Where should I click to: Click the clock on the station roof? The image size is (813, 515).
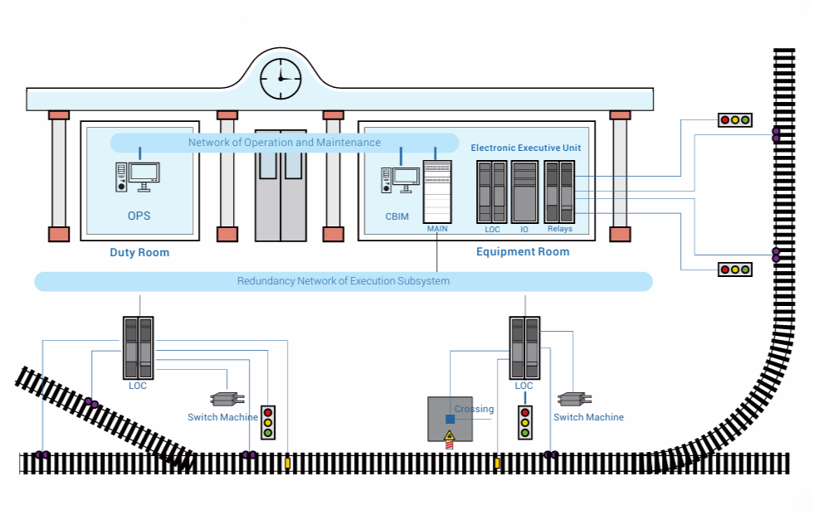click(281, 79)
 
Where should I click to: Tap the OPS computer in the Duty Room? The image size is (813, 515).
click(138, 177)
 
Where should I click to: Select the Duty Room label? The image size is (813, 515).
click(139, 253)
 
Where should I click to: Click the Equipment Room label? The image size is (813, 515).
click(523, 252)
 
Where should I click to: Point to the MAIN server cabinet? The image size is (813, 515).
click(437, 192)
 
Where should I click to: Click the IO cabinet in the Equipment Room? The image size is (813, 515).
click(524, 192)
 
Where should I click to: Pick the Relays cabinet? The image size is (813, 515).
click(560, 192)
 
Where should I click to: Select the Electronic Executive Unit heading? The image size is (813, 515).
click(526, 148)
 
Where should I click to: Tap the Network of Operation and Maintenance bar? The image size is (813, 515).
click(285, 143)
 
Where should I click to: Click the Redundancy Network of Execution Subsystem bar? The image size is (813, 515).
click(343, 281)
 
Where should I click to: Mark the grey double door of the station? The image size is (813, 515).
click(280, 185)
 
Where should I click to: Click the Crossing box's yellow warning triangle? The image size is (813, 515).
click(450, 435)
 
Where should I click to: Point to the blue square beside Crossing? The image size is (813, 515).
click(450, 420)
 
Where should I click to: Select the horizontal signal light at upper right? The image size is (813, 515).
click(734, 120)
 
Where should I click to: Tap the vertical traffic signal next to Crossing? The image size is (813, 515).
click(525, 422)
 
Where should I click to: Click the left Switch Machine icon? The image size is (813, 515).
click(226, 399)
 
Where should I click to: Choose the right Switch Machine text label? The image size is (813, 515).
click(588, 417)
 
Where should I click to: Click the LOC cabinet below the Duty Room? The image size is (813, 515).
click(138, 348)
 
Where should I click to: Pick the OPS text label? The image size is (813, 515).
click(139, 216)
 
